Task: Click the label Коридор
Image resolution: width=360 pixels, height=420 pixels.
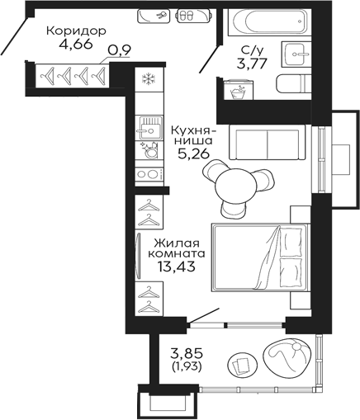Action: pos(76,31)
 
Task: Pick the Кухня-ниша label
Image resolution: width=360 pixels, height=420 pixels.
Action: pos(194,135)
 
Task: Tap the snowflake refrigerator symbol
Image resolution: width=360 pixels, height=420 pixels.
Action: pos(149,80)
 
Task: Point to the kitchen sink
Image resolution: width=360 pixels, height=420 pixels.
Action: pos(149,129)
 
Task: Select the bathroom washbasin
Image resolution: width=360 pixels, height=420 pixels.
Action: pos(298,54)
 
